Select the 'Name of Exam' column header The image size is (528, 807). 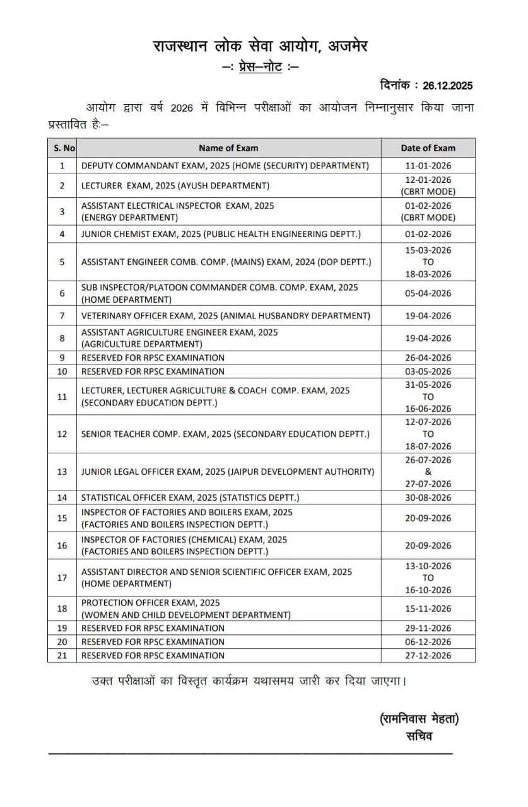(228, 148)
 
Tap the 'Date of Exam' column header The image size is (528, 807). (428, 148)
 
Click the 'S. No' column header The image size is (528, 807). (62, 148)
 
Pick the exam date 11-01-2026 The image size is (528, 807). (428, 166)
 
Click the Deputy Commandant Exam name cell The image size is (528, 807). (225, 166)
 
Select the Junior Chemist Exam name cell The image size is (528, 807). (221, 235)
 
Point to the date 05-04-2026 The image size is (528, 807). (428, 294)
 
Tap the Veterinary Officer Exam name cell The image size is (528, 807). (225, 316)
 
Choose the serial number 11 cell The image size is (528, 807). (62, 397)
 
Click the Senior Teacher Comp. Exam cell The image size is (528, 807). (225, 434)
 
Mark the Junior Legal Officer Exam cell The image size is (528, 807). (227, 472)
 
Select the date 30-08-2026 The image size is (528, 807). (428, 498)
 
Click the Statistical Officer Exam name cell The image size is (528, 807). (190, 498)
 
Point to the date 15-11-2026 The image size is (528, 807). (428, 609)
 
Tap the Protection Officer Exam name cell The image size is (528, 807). (185, 609)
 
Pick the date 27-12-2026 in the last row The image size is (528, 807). (428, 656)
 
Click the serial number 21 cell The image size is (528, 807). (62, 656)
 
